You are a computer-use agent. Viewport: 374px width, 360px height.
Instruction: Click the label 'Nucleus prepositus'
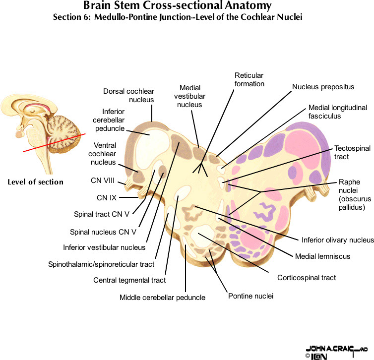[x=323, y=87]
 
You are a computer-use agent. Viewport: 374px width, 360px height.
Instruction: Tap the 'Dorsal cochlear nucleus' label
[x=129, y=95]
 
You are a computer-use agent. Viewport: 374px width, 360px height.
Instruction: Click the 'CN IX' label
[x=107, y=198]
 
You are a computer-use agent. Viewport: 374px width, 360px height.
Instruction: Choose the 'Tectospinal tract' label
[x=349, y=152]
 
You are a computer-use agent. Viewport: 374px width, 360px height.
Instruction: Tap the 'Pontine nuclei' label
[x=250, y=296]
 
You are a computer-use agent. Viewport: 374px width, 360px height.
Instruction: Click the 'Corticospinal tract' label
[x=307, y=277]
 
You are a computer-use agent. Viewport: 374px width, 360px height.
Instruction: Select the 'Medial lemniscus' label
[x=322, y=256]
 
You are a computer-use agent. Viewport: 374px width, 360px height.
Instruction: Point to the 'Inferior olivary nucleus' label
[x=337, y=240]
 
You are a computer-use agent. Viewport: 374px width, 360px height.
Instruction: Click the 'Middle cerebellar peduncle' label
[x=162, y=298]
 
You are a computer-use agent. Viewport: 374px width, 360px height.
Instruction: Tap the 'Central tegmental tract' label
[x=129, y=280]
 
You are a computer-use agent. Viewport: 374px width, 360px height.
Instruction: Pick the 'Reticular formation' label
[x=249, y=79]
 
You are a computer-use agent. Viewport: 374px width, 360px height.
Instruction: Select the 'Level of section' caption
[x=35, y=182]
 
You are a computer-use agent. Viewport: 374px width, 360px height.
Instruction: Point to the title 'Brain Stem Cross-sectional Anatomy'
[x=177, y=6]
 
